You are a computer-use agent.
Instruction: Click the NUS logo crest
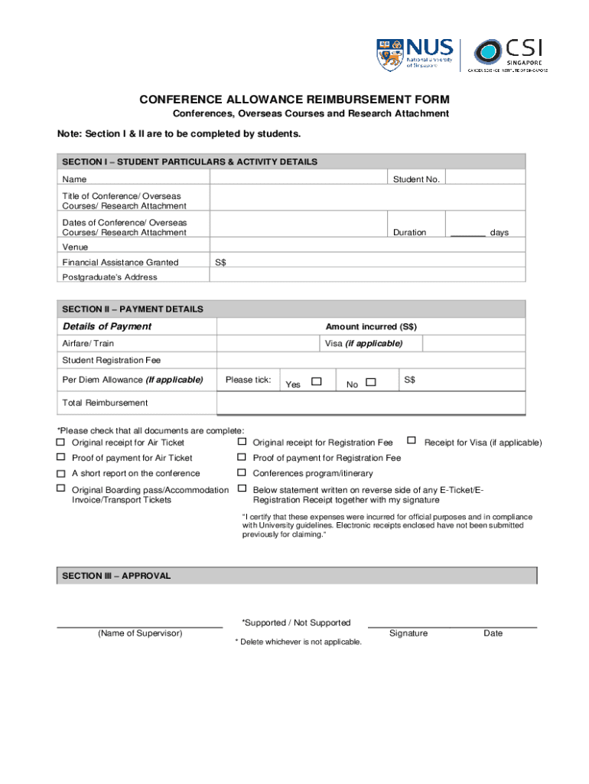(389, 55)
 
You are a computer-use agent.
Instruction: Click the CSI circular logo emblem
(487, 53)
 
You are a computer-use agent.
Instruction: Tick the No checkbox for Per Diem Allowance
(371, 381)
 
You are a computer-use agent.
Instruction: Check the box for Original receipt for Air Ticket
(60, 442)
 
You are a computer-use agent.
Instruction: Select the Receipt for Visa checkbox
(412, 440)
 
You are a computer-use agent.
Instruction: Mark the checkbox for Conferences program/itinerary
(242, 472)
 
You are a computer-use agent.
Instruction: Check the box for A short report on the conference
(60, 472)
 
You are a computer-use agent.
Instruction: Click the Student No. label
(416, 179)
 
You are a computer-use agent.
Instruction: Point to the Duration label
(409, 232)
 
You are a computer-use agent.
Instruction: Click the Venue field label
(75, 247)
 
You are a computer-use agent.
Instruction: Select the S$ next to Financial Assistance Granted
(220, 262)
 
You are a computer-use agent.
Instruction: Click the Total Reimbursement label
(105, 403)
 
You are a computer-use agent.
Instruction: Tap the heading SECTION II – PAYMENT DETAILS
(132, 309)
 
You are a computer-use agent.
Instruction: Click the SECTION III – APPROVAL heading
(116, 576)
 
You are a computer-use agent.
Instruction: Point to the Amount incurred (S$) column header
(371, 326)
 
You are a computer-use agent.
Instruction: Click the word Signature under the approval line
(408, 633)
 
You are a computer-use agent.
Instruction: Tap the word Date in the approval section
(493, 633)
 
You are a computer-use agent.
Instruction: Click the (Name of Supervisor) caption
(139, 633)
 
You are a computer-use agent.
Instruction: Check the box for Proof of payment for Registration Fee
(242, 457)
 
